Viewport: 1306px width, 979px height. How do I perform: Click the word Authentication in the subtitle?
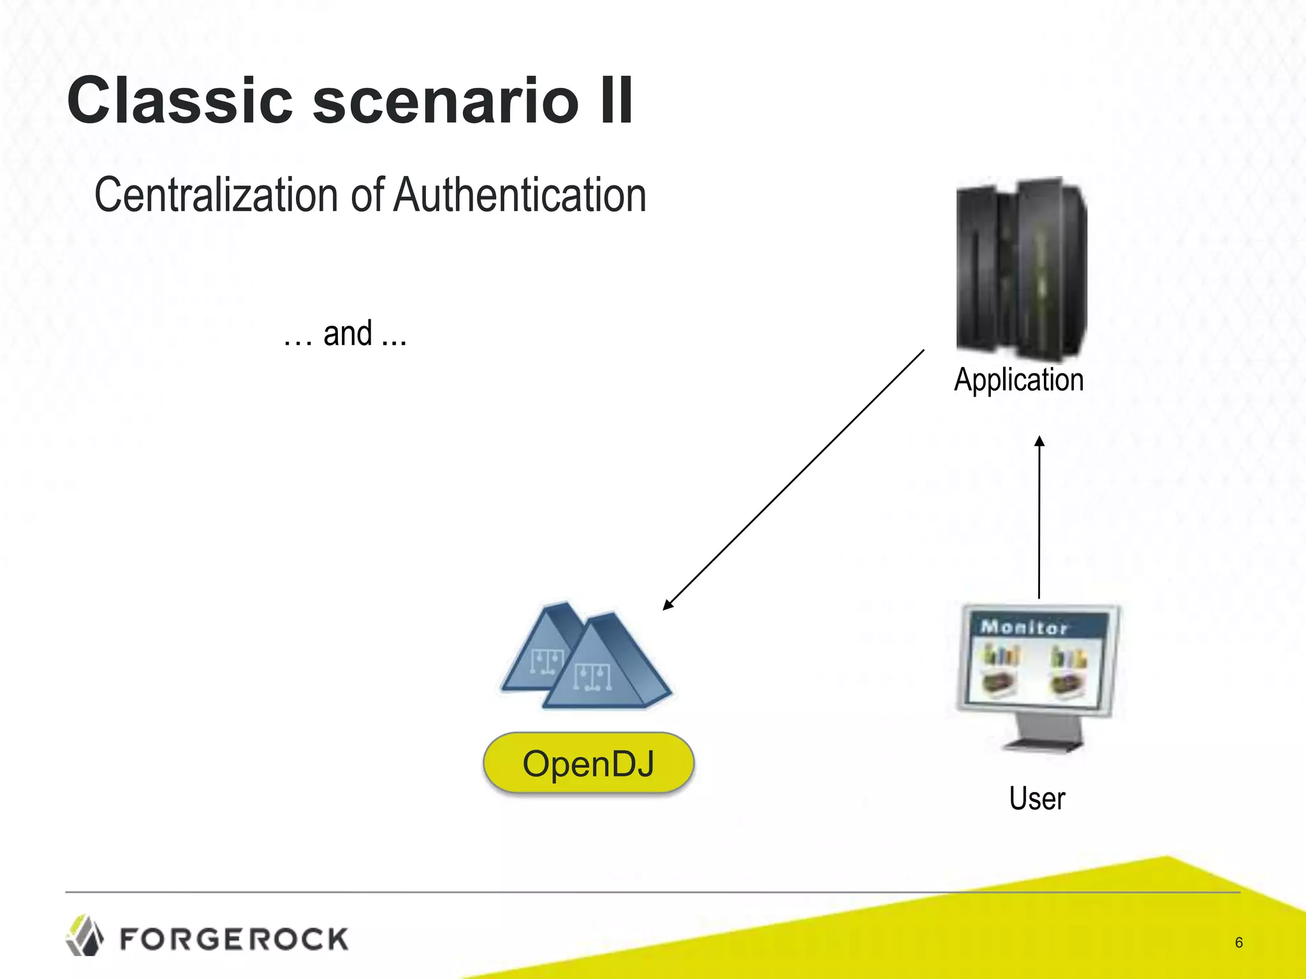tap(520, 195)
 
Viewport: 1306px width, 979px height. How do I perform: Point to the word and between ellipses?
tap(348, 334)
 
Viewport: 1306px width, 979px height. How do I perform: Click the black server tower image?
tap(1021, 268)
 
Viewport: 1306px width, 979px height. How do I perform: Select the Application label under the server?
tap(1018, 380)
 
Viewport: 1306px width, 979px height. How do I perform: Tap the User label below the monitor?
tap(1037, 799)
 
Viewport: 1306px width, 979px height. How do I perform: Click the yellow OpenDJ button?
tap(588, 763)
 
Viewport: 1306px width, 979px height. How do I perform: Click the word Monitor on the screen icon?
tap(1024, 627)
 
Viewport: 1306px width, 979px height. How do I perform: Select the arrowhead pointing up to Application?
tap(1039, 441)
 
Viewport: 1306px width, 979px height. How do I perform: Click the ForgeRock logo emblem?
tap(85, 936)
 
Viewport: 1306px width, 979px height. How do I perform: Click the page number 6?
tap(1238, 942)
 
